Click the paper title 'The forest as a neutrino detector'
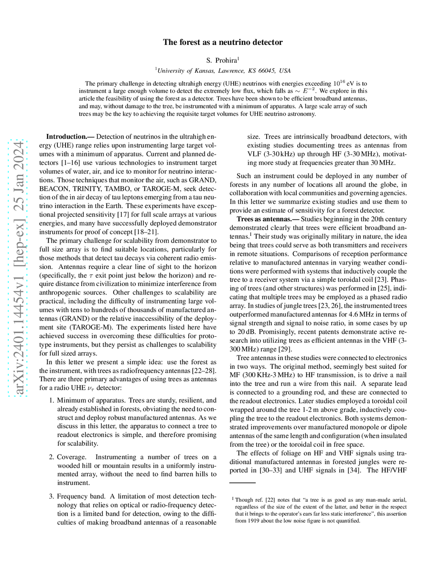point(223,43)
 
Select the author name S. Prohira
point(222,60)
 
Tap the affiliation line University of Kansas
point(223,70)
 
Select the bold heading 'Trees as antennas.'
point(265,219)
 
